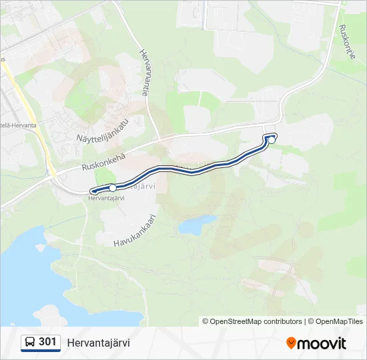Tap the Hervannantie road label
145,72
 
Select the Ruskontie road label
347,42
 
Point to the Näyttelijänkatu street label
101,128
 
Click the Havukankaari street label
134,228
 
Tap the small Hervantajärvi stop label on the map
107,197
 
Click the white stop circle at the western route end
113,188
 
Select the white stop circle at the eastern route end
272,140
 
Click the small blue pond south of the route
198,224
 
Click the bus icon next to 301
30,342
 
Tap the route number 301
47,342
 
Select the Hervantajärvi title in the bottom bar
98,343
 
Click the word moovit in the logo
322,343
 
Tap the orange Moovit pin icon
291,343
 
